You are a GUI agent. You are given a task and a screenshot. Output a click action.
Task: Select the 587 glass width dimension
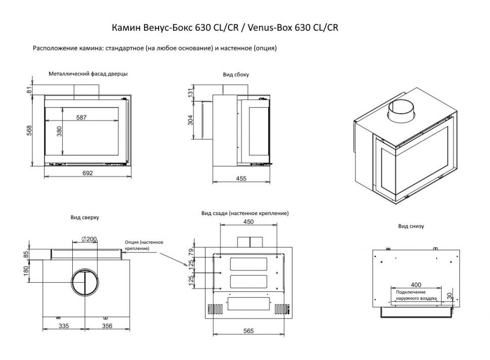pos(82,118)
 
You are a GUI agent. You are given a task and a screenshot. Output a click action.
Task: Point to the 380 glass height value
pos(59,132)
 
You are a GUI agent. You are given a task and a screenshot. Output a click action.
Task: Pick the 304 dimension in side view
pos(190,120)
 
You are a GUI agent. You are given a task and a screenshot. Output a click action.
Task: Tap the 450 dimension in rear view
pos(249,222)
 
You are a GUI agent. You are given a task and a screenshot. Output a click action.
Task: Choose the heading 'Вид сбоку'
pos(236,74)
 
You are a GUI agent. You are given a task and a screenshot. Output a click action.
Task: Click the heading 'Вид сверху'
pos(85,218)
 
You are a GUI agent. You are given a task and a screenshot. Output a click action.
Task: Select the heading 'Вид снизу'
pos(411,226)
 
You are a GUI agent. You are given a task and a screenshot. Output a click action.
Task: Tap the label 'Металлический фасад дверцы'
pos(88,73)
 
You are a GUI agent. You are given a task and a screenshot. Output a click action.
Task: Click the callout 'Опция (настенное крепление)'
pos(144,245)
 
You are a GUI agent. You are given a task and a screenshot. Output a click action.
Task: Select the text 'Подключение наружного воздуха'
pos(416,295)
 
